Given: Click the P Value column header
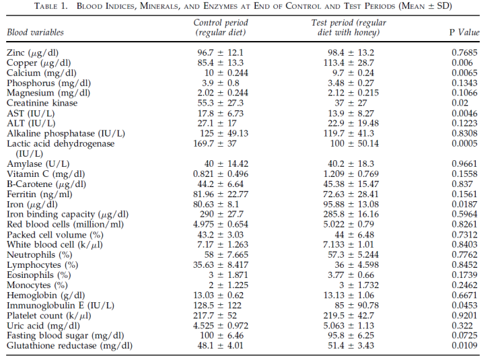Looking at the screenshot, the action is pyautogui.click(x=464, y=32).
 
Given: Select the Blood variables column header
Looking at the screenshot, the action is pyautogui.click(x=36, y=32).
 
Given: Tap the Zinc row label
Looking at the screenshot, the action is pyautogui.click(x=32, y=52).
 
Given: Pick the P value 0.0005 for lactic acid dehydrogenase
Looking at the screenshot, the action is pyautogui.click(x=464, y=143).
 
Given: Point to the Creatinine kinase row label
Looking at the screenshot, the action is pyautogui.click(x=42, y=103).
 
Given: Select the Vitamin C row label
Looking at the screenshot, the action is pyautogui.click(x=46, y=174).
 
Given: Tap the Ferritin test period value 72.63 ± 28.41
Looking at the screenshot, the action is pyautogui.click(x=351, y=194).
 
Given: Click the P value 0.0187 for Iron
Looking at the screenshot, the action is pyautogui.click(x=464, y=205).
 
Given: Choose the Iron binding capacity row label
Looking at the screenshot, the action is pyautogui.click(x=67, y=214).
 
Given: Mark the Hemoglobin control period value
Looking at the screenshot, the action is pyautogui.click(x=219, y=295).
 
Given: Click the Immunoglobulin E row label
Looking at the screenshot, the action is pyautogui.click(x=61, y=305).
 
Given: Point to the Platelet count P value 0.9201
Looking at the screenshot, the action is pyautogui.click(x=464, y=316).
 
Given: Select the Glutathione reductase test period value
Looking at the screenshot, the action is pyautogui.click(x=351, y=346).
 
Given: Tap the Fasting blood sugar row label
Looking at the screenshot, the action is pyautogui.click(x=65, y=336).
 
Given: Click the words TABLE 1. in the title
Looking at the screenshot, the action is pyautogui.click(x=51, y=6).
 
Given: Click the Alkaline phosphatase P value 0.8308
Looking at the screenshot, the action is pyautogui.click(x=464, y=133).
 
